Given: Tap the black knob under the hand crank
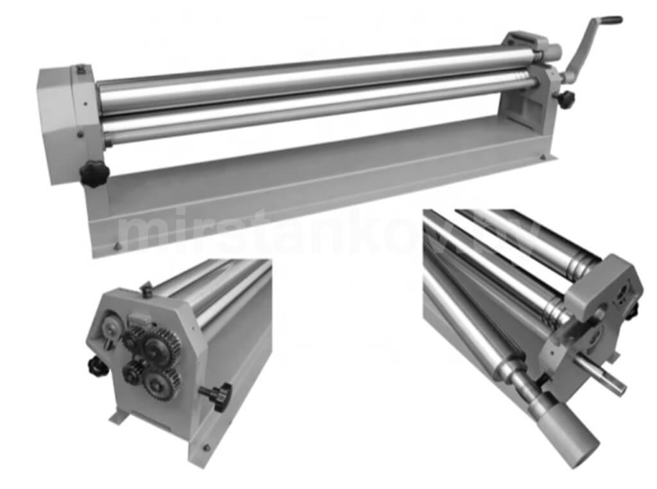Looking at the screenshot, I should [565, 99].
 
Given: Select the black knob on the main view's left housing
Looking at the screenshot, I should [94, 173].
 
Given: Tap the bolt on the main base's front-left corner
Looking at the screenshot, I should [116, 246].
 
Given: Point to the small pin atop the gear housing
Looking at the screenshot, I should [146, 289].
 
